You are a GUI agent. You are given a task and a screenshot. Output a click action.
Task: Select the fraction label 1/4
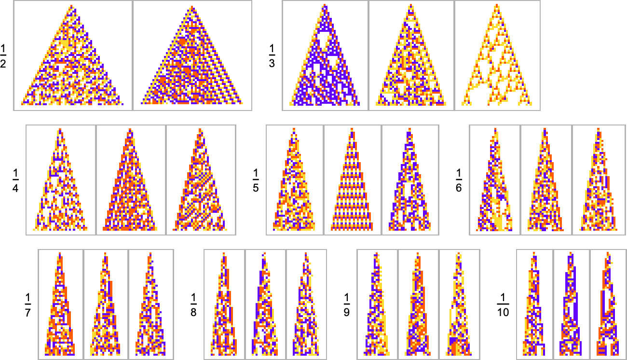pyautogui.click(x=15, y=180)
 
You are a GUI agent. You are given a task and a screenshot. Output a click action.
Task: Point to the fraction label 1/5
pyautogui.click(x=256, y=180)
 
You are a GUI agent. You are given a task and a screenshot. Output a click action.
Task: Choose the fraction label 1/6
pyautogui.click(x=459, y=180)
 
